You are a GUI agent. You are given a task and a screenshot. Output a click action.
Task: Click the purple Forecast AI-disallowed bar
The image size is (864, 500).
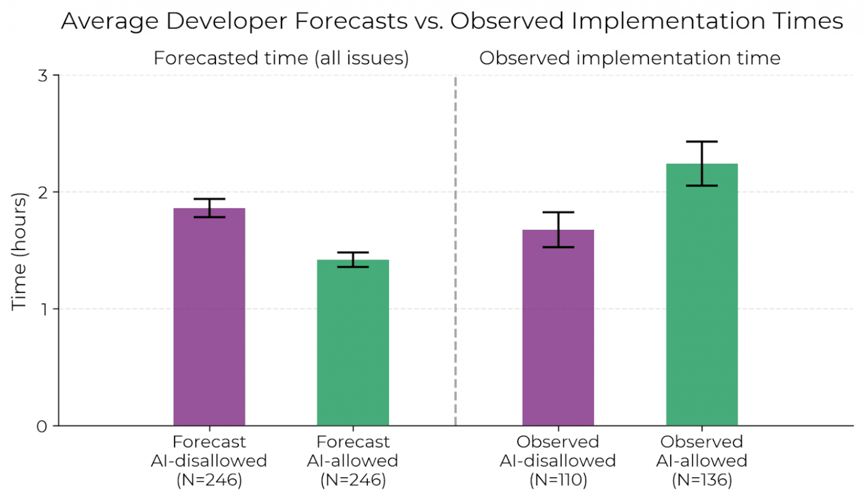209,317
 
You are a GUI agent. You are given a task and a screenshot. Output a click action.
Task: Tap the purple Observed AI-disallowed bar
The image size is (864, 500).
558,327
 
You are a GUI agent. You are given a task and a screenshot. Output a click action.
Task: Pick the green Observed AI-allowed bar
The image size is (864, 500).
702,294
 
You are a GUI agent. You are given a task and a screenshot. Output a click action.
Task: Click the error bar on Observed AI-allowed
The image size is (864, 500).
702,164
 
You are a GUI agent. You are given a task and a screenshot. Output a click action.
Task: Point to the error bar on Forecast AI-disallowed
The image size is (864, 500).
209,208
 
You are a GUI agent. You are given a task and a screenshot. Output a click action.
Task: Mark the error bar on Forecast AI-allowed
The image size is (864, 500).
353,259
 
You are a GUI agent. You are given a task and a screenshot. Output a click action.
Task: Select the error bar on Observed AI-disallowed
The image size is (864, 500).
558,229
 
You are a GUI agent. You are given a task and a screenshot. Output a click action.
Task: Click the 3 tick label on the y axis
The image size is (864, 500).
43,76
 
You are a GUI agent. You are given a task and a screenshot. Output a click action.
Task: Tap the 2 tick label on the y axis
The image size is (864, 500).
43,192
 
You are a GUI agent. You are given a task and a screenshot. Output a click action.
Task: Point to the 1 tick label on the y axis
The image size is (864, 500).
43,309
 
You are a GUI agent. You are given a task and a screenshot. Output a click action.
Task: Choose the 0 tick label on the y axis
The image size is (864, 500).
42,426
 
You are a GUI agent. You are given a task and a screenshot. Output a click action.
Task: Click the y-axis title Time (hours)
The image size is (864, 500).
19,251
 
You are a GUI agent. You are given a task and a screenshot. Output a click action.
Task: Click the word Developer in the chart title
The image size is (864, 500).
228,22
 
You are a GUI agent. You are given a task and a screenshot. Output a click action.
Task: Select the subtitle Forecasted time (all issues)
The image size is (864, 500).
281,58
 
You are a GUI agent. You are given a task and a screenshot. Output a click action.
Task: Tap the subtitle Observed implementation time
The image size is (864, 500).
630,58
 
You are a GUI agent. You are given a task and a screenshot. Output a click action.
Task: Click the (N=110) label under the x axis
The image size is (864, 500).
558,479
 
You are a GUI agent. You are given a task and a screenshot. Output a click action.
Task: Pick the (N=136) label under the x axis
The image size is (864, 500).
702,479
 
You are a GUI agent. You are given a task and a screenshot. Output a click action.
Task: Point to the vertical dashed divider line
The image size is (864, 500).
455,249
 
